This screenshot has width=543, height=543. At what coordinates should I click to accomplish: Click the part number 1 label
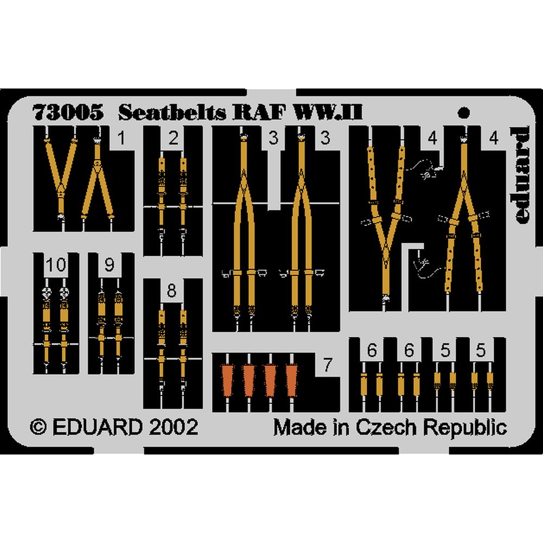point(121,139)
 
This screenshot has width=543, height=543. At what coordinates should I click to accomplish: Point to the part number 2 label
point(173,139)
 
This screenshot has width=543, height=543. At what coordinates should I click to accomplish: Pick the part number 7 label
point(327,365)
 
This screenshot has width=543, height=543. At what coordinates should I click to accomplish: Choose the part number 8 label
point(172,292)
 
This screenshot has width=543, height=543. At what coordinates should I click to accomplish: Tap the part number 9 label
point(110,266)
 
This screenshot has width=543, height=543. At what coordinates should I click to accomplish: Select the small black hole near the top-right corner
point(463,113)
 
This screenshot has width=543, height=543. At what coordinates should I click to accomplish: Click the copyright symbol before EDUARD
point(40,427)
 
